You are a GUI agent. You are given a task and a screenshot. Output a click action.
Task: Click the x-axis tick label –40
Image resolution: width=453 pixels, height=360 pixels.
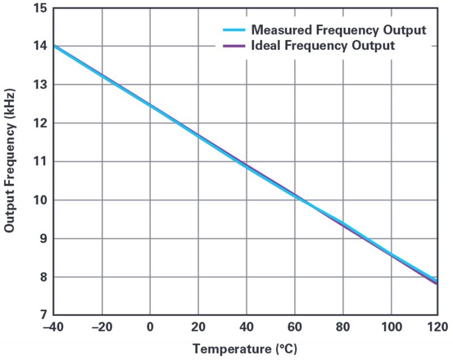(54, 327)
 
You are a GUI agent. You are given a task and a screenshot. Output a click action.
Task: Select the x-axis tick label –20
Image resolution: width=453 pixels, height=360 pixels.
(102, 327)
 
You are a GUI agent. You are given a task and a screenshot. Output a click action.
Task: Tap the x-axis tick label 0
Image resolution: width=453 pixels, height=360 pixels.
(150, 327)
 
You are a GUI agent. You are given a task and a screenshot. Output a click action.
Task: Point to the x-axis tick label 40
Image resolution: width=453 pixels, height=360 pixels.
(246, 327)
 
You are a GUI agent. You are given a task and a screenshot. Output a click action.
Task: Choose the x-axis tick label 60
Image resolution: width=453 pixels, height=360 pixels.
(294, 327)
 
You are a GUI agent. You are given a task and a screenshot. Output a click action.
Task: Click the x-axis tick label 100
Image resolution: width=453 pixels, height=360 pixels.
(390, 327)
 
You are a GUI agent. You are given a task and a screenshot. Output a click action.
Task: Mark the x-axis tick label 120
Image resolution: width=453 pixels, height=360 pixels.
(437, 327)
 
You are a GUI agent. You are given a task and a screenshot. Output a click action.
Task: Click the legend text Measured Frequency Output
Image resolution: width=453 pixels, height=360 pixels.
(339, 29)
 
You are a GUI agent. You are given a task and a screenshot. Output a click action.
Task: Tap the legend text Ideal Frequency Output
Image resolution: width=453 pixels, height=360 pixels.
(323, 46)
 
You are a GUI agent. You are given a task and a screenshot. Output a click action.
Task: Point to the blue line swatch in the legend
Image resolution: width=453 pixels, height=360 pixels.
(230, 29)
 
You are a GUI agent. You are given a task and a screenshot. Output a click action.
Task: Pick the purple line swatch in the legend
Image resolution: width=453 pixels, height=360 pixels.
(230, 46)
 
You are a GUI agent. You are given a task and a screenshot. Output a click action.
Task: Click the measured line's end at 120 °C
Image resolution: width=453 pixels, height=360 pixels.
(436, 280)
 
